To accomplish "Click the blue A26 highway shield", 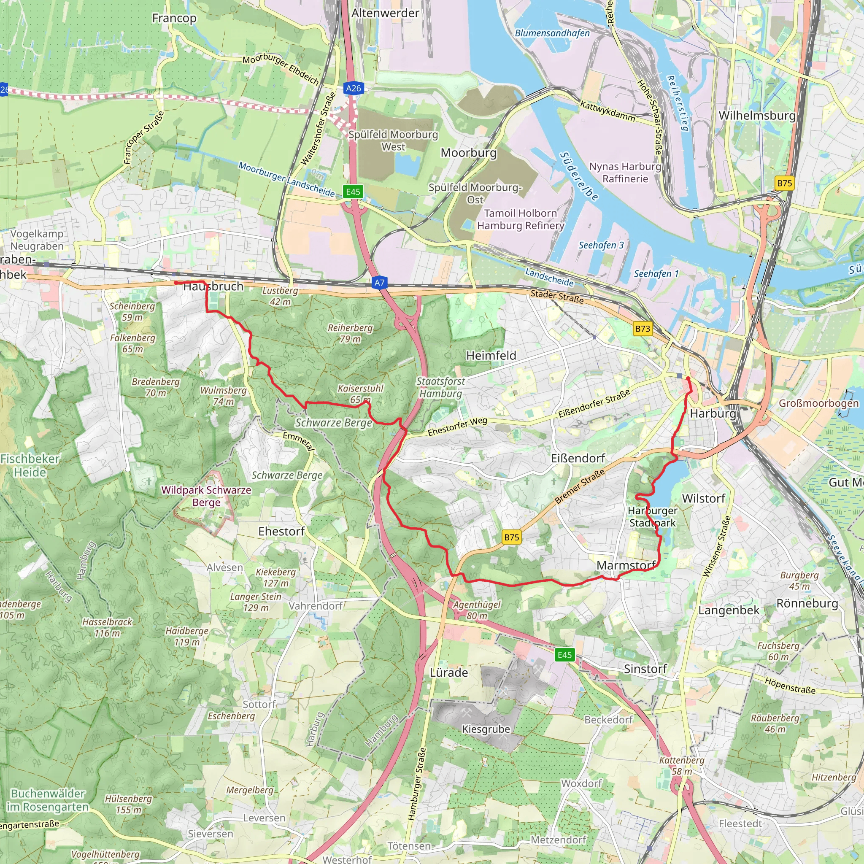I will pyautogui.click(x=353, y=88).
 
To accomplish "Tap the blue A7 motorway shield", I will pyautogui.click(x=379, y=282).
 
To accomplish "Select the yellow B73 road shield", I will pyautogui.click(x=643, y=329).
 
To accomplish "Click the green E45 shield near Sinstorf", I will pyautogui.click(x=564, y=655).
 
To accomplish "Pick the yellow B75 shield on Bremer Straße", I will pyautogui.click(x=512, y=537).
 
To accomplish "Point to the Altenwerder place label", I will pyautogui.click(x=385, y=13).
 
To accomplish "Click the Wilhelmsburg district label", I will pyautogui.click(x=757, y=115).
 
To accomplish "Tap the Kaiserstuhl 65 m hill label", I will pyautogui.click(x=360, y=394).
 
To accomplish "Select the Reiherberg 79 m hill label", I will pyautogui.click(x=350, y=333).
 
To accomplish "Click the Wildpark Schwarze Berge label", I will pyautogui.click(x=206, y=496).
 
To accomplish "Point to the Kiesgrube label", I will pyautogui.click(x=486, y=729).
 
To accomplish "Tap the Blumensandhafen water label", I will pyautogui.click(x=552, y=33).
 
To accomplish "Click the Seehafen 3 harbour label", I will pyautogui.click(x=601, y=245).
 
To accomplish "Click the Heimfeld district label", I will pyautogui.click(x=491, y=356).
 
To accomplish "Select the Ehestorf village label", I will pyautogui.click(x=281, y=531).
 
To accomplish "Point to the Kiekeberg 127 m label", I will pyautogui.click(x=275, y=578).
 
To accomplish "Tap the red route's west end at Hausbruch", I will pyautogui.click(x=176, y=283).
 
